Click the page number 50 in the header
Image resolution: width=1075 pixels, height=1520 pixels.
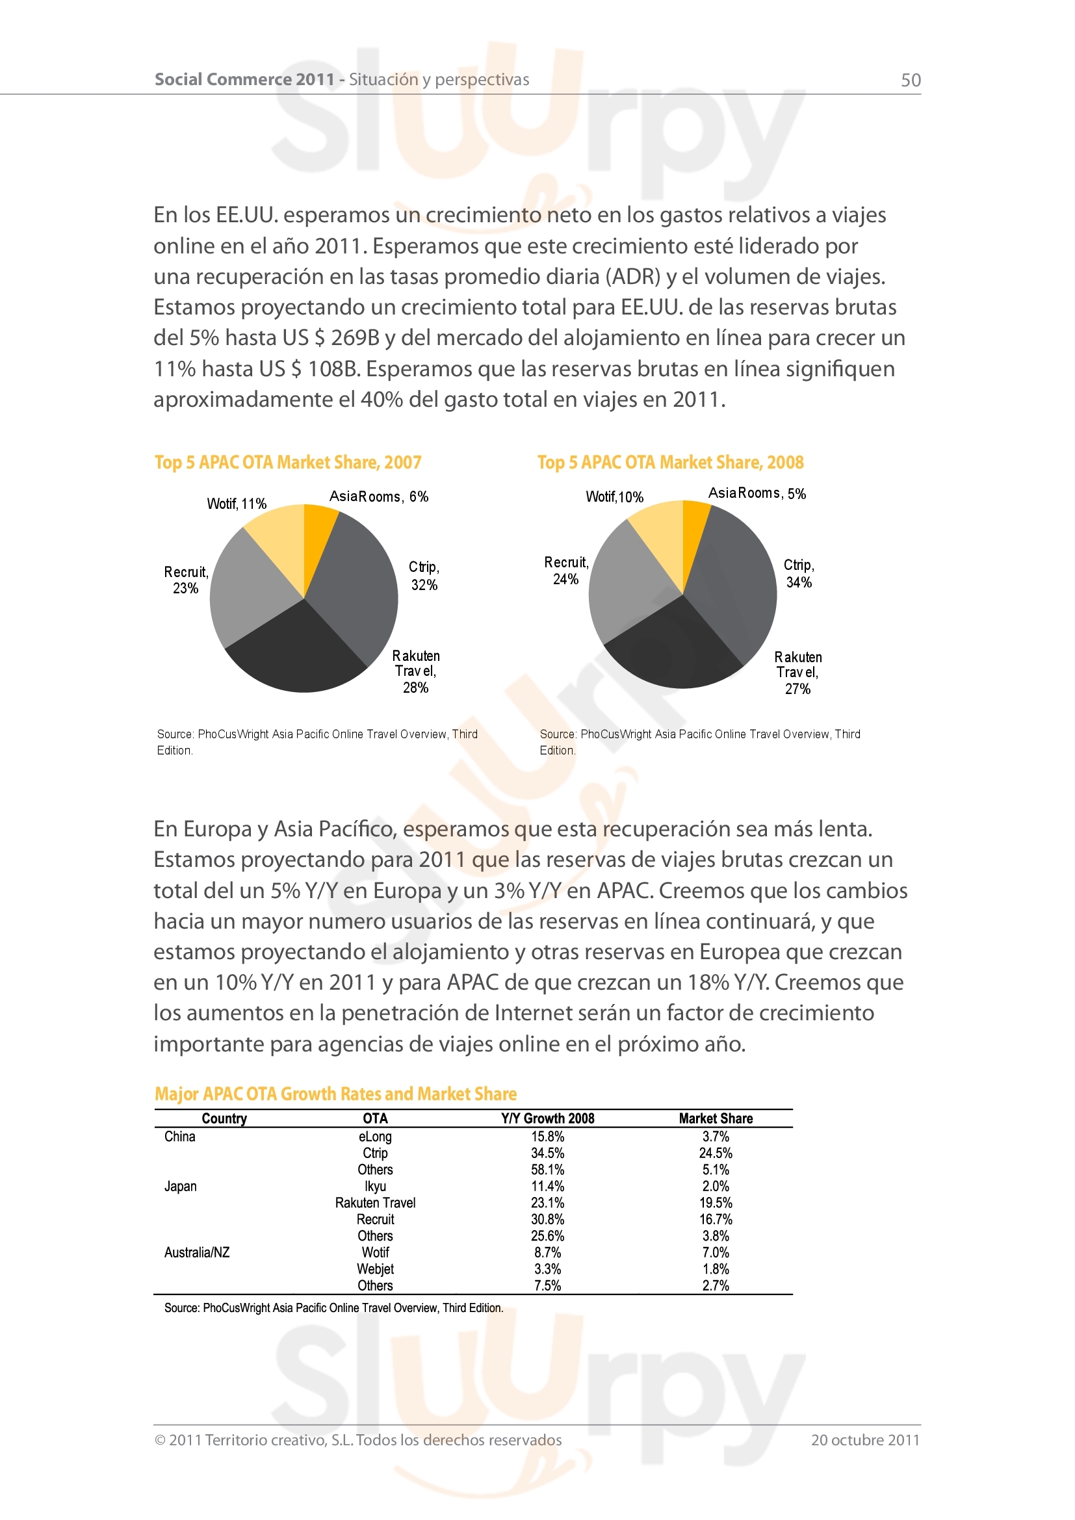coord(910,80)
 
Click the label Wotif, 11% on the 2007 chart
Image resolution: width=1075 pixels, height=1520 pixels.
coord(237,504)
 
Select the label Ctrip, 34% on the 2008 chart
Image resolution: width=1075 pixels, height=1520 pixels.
coord(799,573)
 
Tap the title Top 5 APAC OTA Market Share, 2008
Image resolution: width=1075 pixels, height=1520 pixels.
coord(670,462)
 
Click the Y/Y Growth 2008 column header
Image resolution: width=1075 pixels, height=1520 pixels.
coord(547,1118)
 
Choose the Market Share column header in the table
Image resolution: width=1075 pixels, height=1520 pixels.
coord(716,1118)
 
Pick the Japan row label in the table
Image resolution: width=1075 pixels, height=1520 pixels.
coord(180,1187)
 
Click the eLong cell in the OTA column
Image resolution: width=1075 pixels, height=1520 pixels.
coord(375,1137)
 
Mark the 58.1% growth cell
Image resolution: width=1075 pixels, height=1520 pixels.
coord(547,1170)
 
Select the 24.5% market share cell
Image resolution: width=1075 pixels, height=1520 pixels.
coord(716,1153)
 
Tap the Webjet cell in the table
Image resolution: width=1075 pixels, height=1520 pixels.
coord(375,1269)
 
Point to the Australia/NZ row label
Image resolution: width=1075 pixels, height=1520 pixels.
coord(196,1252)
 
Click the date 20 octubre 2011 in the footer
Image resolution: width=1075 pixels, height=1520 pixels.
coord(865,1440)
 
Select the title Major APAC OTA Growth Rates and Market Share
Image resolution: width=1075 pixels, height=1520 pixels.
coord(335,1094)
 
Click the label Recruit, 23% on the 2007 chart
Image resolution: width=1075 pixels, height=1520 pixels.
coord(186,580)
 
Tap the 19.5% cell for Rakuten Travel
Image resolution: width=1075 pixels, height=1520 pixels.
coord(716,1203)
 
